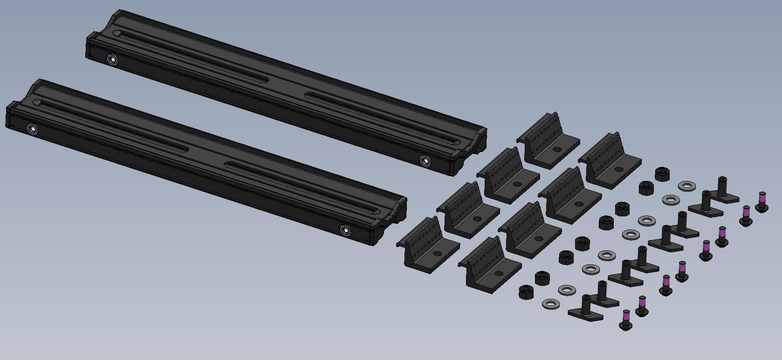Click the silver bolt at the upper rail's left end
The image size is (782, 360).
pyautogui.click(x=112, y=59)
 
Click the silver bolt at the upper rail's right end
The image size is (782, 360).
pyautogui.click(x=425, y=161)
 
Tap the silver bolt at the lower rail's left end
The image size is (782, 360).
pyautogui.click(x=32, y=128)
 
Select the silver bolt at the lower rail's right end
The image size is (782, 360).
pyautogui.click(x=345, y=229)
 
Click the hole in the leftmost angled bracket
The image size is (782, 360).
pyautogui.click(x=437, y=253)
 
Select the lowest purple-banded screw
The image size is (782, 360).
pyautogui.click(x=626, y=320)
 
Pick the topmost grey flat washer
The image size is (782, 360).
pyautogui.click(x=686, y=186)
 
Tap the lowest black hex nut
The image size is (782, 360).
pyautogui.click(x=526, y=292)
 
